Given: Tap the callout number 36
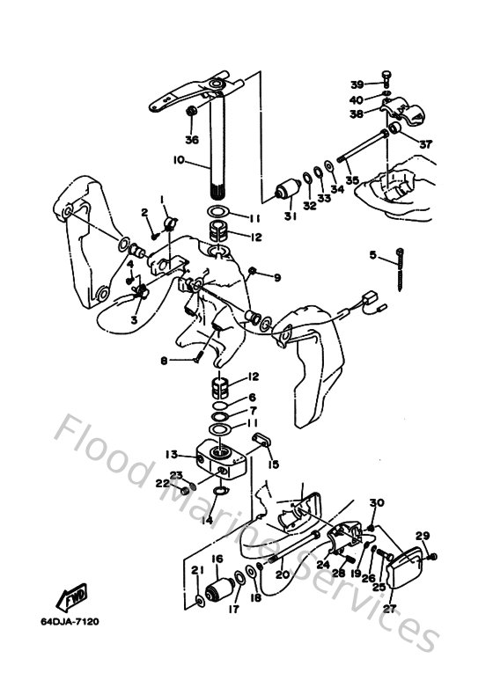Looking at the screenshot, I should coord(192,139).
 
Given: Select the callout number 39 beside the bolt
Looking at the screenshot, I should coord(357,84).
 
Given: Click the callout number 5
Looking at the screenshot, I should coord(372,255).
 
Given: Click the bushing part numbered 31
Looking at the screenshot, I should coord(284,189).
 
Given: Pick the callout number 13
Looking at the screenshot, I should coord(172,455).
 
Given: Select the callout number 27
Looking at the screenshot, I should coord(389,606).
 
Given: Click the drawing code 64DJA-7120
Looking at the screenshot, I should coord(70,622).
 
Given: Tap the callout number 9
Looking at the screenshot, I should coord(276,278).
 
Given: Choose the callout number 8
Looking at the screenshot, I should coord(164,360).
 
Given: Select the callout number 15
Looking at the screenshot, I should coord(274,464).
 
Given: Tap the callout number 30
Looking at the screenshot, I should coord(377,502).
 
